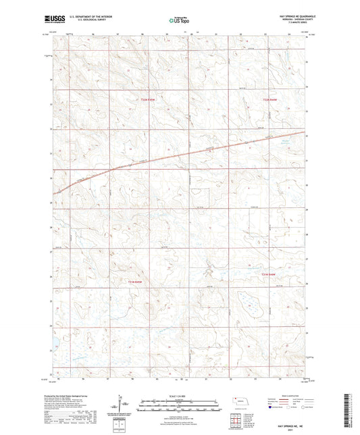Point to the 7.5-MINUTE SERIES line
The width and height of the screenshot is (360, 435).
pos(291,25)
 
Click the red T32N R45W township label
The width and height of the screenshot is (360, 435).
pos(147,101)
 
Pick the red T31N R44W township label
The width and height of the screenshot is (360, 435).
pos(269,274)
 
